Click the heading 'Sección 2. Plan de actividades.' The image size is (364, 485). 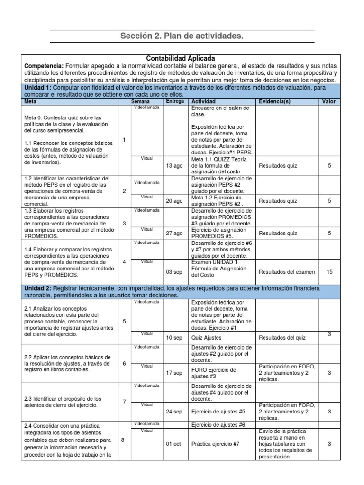(x=182, y=36)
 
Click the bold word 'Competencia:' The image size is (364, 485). (x=44, y=65)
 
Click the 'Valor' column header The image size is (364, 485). (x=328, y=102)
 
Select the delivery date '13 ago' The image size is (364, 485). (x=174, y=166)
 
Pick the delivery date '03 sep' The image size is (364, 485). (x=174, y=272)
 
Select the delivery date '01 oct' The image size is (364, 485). (x=174, y=444)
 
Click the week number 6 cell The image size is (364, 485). (x=124, y=364)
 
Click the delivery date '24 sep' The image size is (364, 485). (x=174, y=412)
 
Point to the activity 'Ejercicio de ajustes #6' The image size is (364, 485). (x=218, y=425)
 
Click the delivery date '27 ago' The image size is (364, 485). (x=174, y=233)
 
